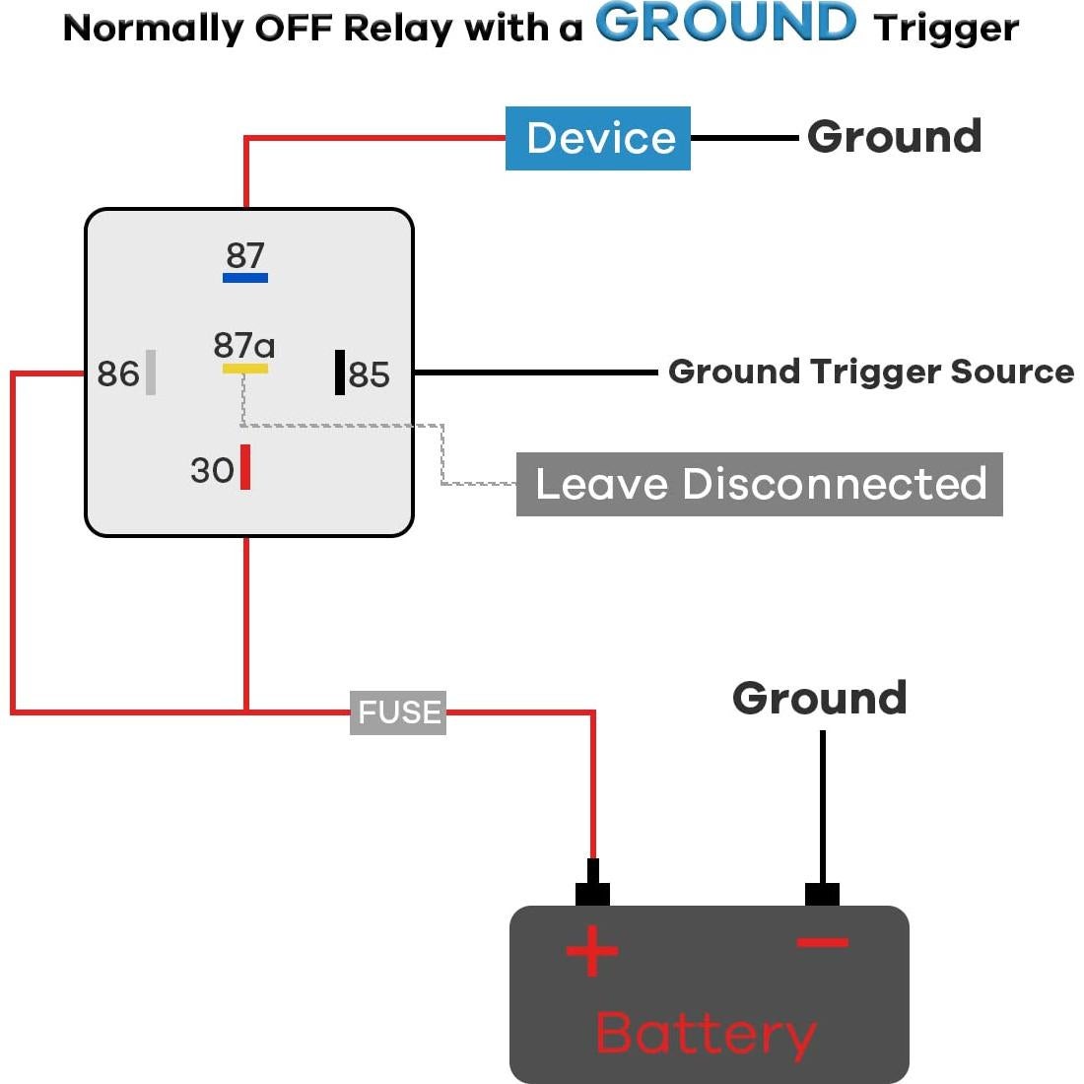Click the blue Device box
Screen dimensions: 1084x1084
[597, 138]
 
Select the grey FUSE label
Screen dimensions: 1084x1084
[398, 712]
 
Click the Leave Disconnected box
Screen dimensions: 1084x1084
[759, 484]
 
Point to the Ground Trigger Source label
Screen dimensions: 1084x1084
[870, 372]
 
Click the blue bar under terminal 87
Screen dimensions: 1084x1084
[245, 278]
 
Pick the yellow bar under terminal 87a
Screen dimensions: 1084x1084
[244, 369]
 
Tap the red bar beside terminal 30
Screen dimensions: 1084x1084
[245, 467]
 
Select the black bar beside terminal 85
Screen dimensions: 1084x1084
[340, 373]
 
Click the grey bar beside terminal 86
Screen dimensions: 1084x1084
[151, 373]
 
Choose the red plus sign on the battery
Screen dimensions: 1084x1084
[591, 951]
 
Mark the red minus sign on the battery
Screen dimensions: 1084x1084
[822, 943]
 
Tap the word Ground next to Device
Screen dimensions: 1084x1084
[894, 137]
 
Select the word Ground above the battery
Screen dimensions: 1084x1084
[819, 699]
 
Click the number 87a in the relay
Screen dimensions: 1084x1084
[243, 345]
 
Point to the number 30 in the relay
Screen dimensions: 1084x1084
[212, 470]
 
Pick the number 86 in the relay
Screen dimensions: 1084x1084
[118, 374]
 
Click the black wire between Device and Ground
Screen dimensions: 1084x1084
[745, 138]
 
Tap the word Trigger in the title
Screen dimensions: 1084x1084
[946, 29]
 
